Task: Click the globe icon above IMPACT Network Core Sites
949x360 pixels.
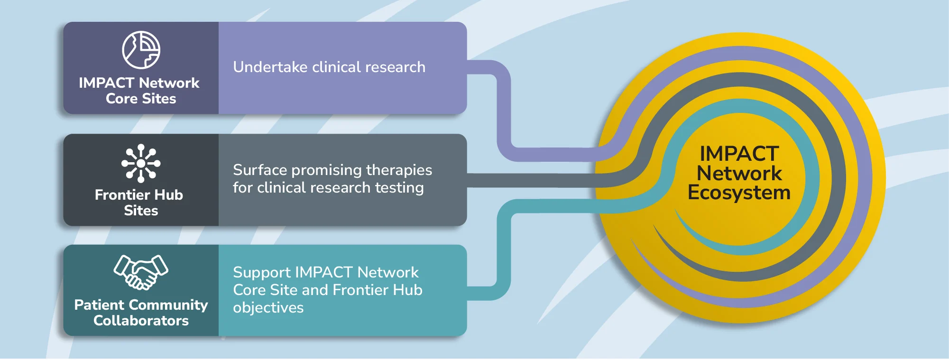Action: (141, 50)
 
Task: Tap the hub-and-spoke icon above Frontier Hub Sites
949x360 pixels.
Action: (141, 163)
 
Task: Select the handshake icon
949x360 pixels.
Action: (141, 272)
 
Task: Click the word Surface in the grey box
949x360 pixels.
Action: (260, 170)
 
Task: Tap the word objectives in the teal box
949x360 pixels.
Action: (268, 308)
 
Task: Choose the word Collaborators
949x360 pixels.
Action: (141, 321)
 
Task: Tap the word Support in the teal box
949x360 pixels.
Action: (261, 273)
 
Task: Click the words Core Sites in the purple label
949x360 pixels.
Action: (141, 99)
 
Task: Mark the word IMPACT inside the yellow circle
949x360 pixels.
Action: (739, 154)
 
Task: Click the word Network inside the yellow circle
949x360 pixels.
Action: (739, 173)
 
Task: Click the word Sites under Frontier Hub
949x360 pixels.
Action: (141, 211)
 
